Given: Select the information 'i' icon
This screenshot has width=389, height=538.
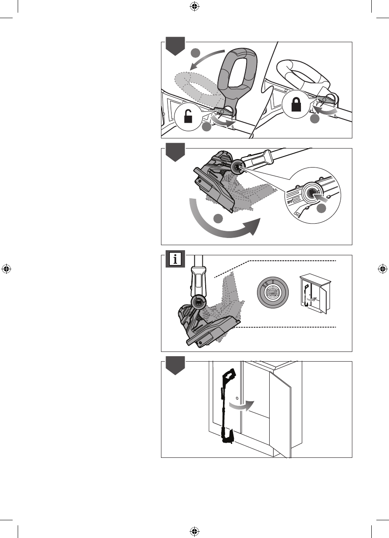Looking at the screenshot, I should pyautogui.click(x=174, y=259).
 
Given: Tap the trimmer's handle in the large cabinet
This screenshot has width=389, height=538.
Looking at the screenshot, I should pyautogui.click(x=230, y=374).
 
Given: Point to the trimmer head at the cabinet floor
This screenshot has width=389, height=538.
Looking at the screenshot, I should pyautogui.click(x=228, y=437).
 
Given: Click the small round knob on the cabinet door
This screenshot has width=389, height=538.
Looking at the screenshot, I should pyautogui.click(x=237, y=397).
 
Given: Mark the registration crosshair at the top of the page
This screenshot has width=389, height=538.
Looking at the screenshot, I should pyautogui.click(x=194, y=6).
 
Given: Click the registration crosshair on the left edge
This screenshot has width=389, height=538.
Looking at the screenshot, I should pyautogui.click(x=6, y=269).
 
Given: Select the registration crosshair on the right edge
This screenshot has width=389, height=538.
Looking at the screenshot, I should pyautogui.click(x=383, y=269).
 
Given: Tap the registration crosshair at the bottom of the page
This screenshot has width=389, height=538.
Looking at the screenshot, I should pyautogui.click(x=194, y=532).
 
